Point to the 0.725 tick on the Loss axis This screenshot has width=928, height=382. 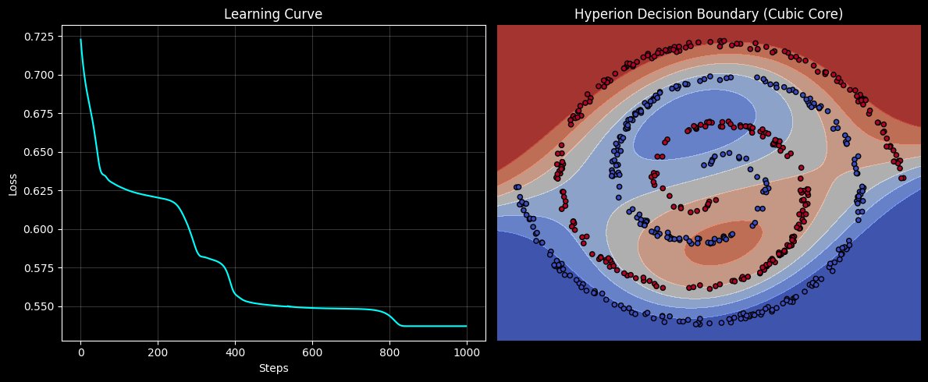coord(40,37)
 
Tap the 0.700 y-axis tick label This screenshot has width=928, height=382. coord(40,75)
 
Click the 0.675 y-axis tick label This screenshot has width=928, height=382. coord(40,114)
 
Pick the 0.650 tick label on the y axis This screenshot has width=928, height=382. coord(40,152)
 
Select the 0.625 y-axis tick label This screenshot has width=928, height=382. coord(40,191)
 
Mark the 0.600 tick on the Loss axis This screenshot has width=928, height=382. coord(40,229)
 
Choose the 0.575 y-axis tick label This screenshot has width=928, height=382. coord(40,268)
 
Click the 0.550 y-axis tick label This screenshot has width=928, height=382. coord(40,306)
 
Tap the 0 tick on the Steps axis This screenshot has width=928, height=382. coord(80,352)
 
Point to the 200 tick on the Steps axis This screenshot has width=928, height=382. coord(158,352)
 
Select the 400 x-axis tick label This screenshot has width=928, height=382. coord(235,352)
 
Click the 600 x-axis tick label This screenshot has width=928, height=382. coord(312,352)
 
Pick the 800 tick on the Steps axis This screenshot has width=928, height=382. coord(389,352)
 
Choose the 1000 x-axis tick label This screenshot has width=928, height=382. coord(467,352)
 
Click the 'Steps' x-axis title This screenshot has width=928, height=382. coord(273,367)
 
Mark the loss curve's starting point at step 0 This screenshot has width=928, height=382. coord(80,40)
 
